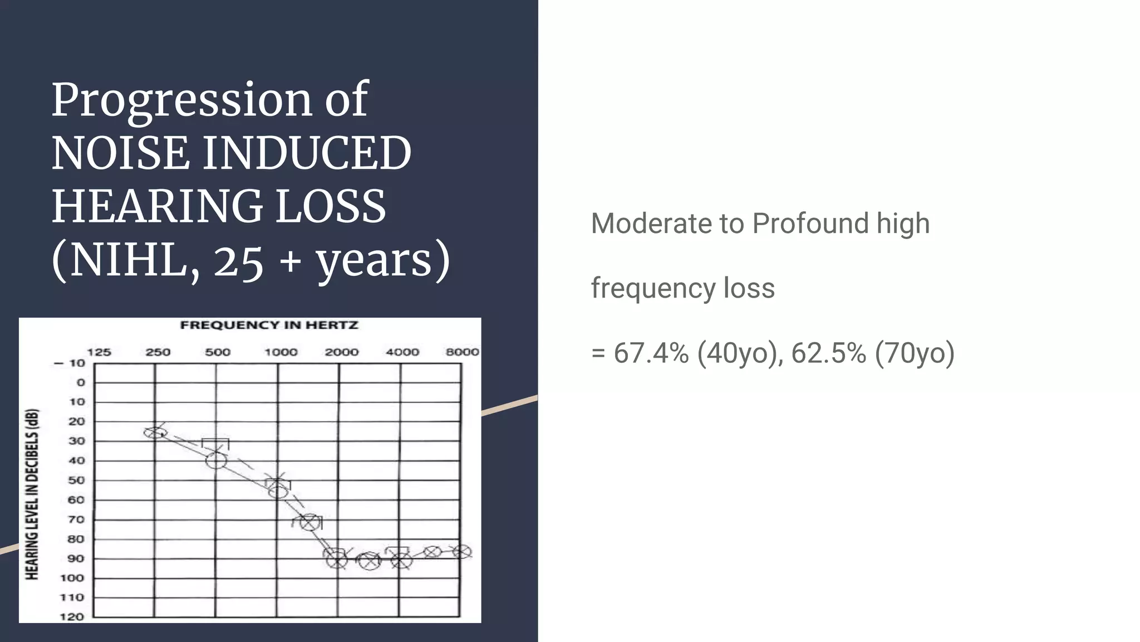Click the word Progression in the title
(x=182, y=101)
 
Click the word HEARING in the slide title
(x=158, y=206)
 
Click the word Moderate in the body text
(x=650, y=224)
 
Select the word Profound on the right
(x=810, y=224)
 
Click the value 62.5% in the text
(x=828, y=353)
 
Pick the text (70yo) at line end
(x=915, y=353)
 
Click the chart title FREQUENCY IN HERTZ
(x=269, y=325)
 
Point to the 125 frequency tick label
(x=99, y=352)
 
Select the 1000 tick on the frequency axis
(x=281, y=352)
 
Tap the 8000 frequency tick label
(x=462, y=352)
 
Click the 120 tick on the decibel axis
(x=72, y=617)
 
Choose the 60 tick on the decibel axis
(x=76, y=500)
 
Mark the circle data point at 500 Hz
(x=216, y=460)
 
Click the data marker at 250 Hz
(x=155, y=432)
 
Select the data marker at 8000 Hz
(x=462, y=552)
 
